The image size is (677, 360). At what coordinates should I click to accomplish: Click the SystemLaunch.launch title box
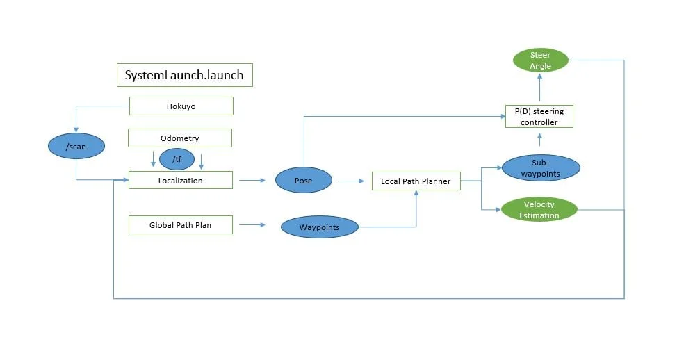click(x=184, y=75)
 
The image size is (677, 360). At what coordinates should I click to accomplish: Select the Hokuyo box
click(x=181, y=106)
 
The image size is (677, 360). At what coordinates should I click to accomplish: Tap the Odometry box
click(x=179, y=138)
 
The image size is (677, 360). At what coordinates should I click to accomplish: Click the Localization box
click(x=180, y=180)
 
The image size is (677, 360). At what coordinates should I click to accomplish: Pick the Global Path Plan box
click(x=180, y=224)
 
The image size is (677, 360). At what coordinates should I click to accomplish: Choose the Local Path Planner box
click(x=416, y=181)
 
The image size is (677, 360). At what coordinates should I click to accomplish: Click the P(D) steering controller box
click(x=539, y=116)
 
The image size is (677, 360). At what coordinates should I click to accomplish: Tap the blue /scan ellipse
click(x=76, y=146)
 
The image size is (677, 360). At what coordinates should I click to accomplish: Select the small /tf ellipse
click(x=177, y=159)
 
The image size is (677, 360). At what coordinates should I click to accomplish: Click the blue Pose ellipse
click(x=303, y=180)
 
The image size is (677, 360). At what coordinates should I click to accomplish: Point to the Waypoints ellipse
click(x=319, y=227)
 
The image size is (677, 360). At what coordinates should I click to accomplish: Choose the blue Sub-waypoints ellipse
click(x=541, y=167)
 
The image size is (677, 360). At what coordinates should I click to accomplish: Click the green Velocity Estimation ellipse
click(x=539, y=210)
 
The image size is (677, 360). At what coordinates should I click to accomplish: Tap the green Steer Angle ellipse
click(x=540, y=60)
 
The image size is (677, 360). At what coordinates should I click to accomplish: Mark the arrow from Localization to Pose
click(x=252, y=181)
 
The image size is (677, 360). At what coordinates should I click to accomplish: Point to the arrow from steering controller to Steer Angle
click(x=540, y=86)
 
